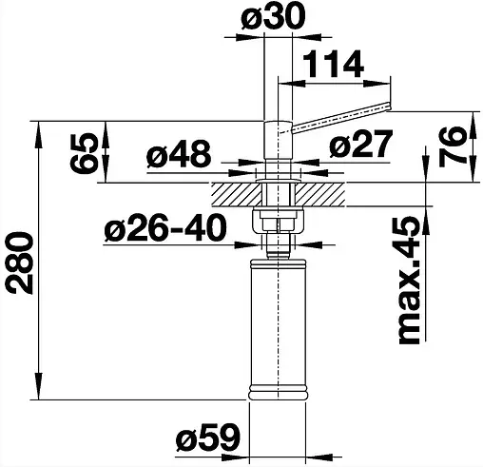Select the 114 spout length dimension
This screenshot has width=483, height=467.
point(335,64)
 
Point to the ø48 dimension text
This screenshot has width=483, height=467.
point(180,153)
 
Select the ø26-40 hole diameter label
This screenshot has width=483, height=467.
point(165,228)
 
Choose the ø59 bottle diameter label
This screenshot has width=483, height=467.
point(207,440)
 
